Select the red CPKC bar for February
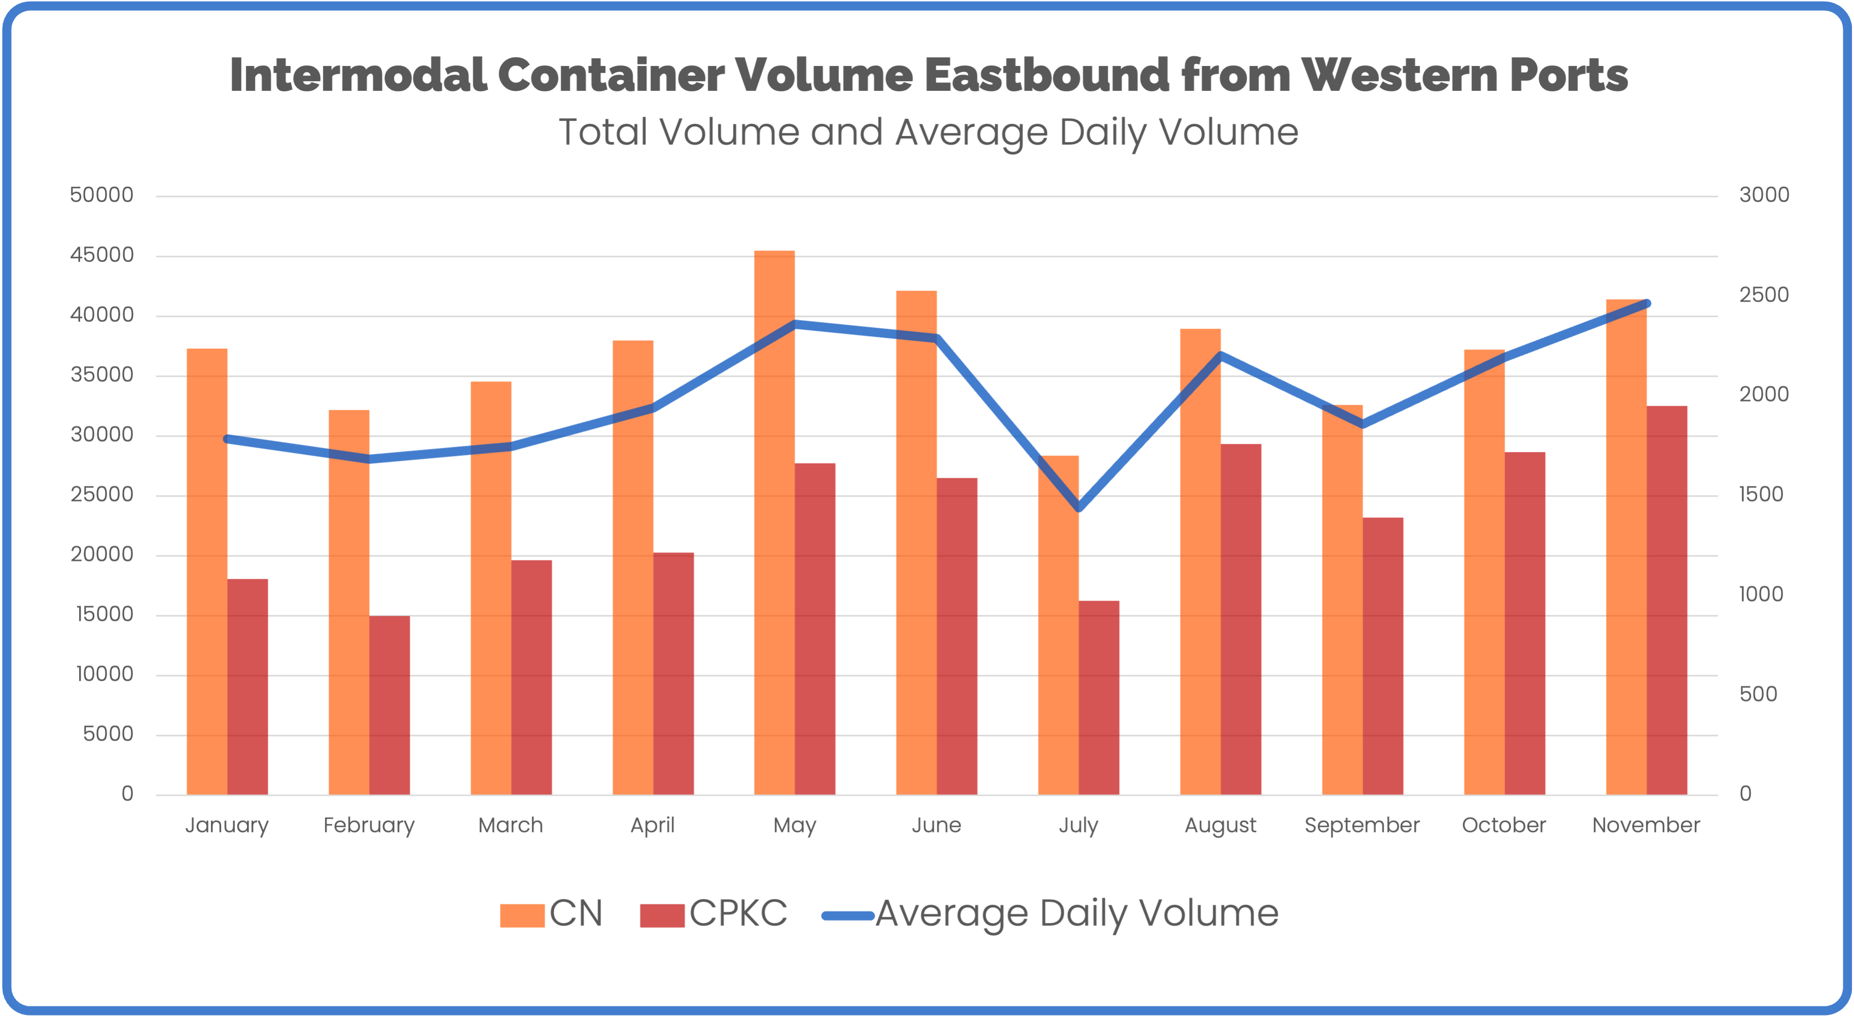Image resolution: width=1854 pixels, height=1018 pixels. tap(389, 706)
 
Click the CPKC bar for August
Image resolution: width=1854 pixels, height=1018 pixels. tap(1241, 619)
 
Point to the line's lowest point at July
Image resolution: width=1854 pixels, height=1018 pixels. tap(1078, 508)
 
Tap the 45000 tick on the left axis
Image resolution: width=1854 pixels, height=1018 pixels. tap(101, 255)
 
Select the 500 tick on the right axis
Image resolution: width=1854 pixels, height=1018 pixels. tap(1758, 694)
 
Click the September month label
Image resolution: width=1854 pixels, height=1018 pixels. tap(1362, 825)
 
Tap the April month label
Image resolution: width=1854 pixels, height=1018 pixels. tap(652, 825)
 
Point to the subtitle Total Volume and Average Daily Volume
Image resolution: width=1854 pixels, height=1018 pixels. tap(928, 132)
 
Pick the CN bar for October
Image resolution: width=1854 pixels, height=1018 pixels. tap(1484, 576)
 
